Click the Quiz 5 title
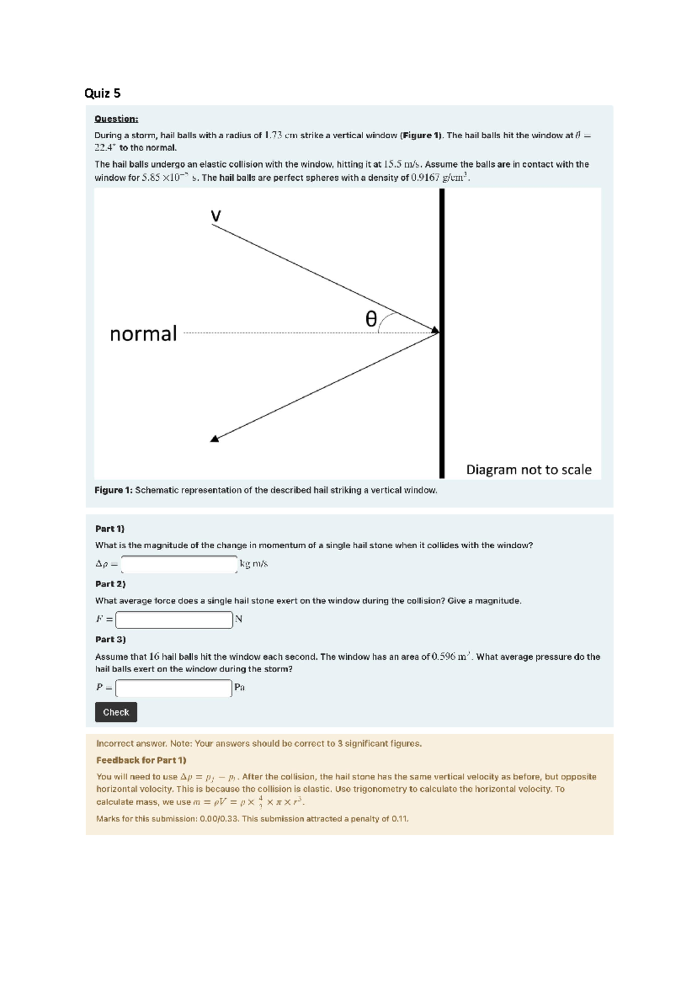click(x=102, y=94)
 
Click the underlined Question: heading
click(x=116, y=119)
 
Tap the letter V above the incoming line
click(x=215, y=217)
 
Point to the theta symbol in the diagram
click(x=371, y=319)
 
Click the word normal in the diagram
click(x=143, y=334)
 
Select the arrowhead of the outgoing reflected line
click(x=215, y=439)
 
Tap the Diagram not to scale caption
click(x=529, y=470)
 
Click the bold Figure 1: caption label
click(x=113, y=490)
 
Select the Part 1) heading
click(x=110, y=529)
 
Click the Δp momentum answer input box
click(x=179, y=564)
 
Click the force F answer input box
click(x=174, y=620)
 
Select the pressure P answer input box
click(x=174, y=688)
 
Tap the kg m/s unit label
click(x=254, y=564)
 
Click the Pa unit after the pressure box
click(x=239, y=688)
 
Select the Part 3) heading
click(x=110, y=640)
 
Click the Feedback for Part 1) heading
click(x=141, y=760)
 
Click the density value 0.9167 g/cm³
click(x=440, y=178)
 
